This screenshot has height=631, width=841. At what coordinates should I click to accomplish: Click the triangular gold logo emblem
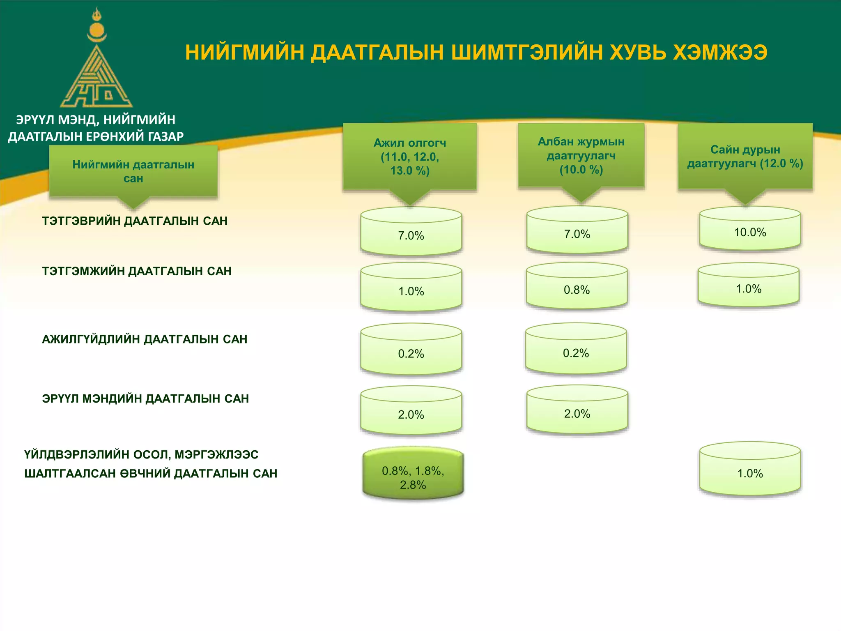click(97, 78)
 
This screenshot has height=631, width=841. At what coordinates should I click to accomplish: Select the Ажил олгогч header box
click(409, 157)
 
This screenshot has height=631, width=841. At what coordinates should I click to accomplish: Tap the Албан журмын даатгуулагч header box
click(581, 155)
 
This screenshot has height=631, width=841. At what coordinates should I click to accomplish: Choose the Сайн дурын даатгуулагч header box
click(744, 157)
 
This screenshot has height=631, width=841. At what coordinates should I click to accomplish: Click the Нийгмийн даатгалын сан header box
click(133, 171)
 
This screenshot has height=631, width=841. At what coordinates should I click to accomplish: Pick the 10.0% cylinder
click(750, 230)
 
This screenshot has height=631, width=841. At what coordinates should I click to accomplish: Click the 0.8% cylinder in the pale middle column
click(577, 288)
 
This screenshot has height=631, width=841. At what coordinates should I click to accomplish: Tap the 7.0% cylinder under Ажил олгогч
click(411, 233)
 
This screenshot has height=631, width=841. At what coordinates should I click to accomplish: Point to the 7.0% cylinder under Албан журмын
click(577, 232)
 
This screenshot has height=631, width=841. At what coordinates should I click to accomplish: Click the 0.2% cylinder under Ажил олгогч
click(411, 351)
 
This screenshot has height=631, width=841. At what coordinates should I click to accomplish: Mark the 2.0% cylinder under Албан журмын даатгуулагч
click(577, 411)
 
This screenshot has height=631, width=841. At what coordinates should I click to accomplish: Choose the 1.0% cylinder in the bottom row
click(750, 470)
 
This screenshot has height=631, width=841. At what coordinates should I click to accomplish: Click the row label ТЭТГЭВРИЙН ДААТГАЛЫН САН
click(135, 221)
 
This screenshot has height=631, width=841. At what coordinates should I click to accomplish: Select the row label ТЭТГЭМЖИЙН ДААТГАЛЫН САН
click(137, 271)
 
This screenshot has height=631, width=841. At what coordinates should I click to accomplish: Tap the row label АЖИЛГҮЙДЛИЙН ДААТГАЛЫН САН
click(145, 339)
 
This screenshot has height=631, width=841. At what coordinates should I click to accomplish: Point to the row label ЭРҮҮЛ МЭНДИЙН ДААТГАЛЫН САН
click(145, 399)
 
